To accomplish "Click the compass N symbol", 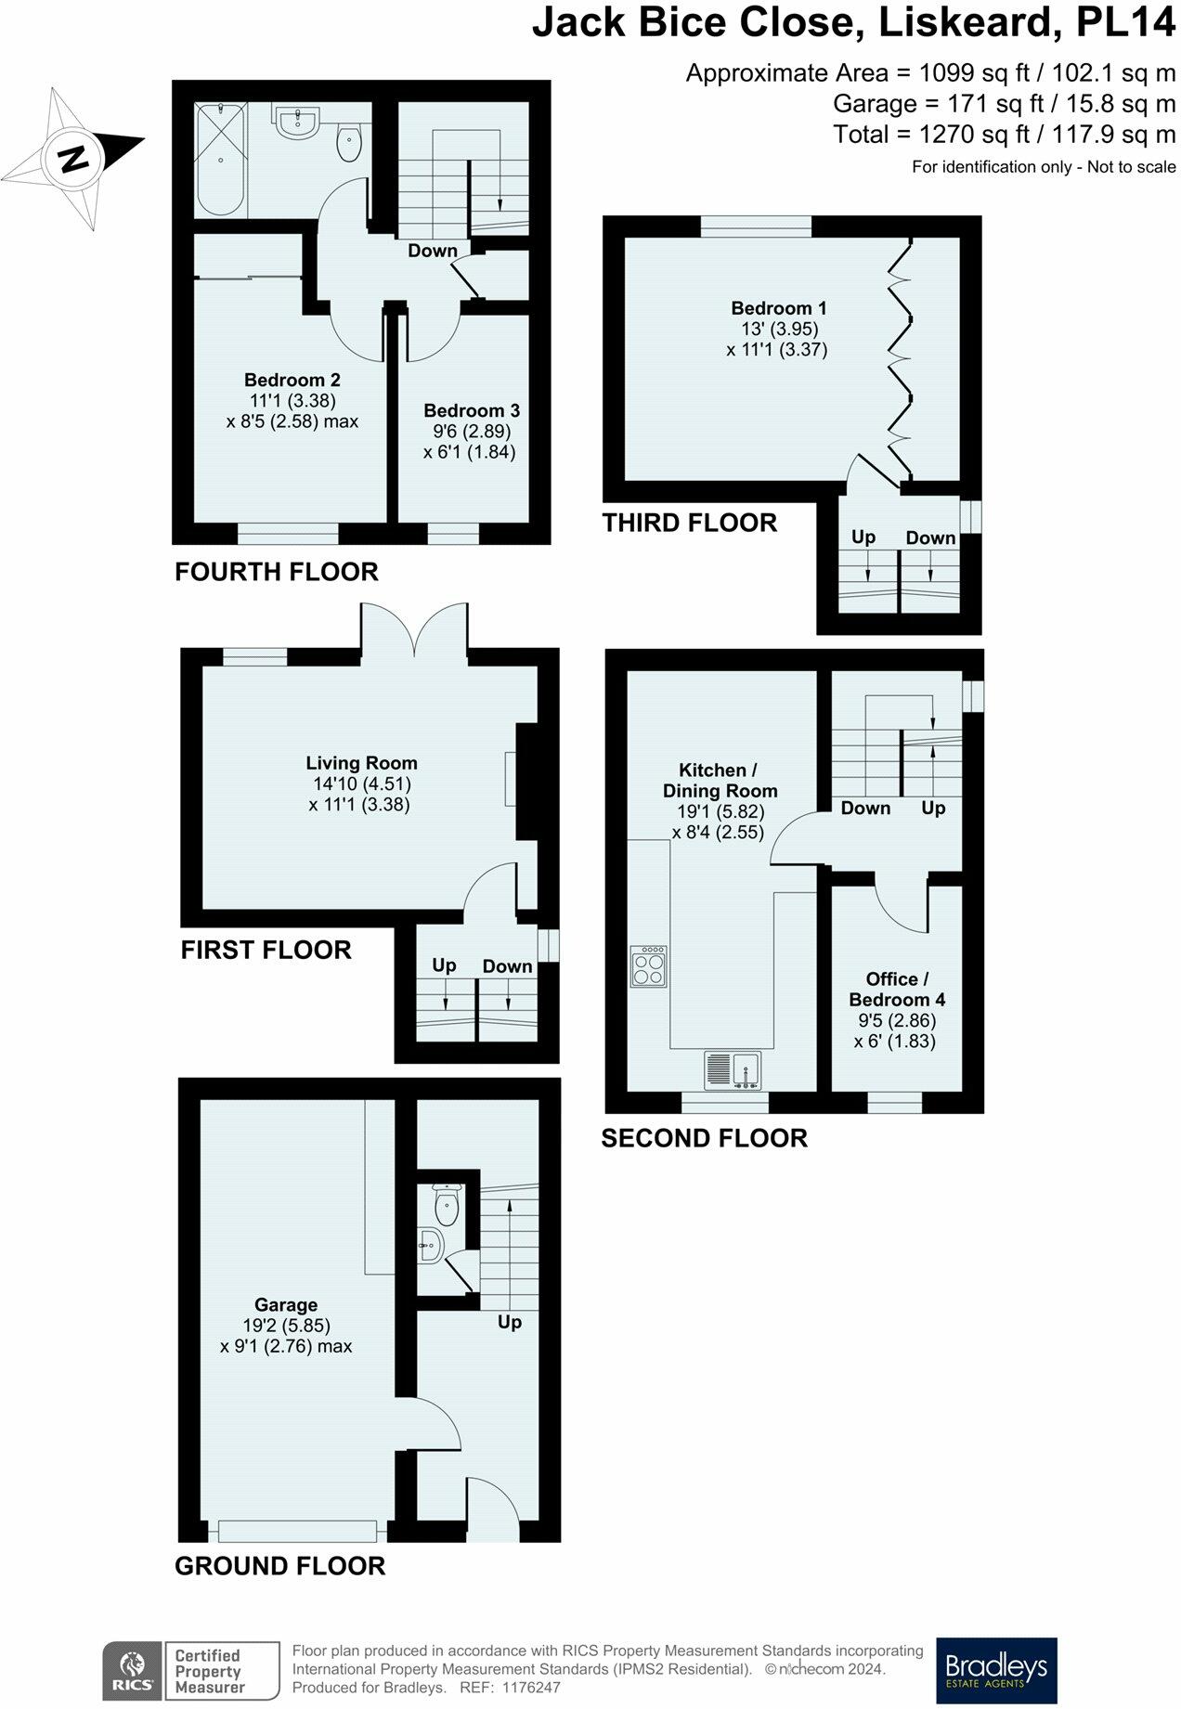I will pos(71,159).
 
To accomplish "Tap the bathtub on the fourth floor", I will pos(220,159).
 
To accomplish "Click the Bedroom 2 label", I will pos(292,380).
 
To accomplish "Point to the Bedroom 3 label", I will pos(471,410).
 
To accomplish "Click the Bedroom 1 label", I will pos(778,308).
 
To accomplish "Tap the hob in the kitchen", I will pos(649,966).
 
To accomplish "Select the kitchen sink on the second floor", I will pos(733,1069).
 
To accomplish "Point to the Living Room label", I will pos(361,763).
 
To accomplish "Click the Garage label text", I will pos(286,1305).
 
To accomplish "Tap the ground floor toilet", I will pos(447,1205).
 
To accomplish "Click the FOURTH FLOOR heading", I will pos(277,572).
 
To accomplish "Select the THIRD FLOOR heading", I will pos(689,523).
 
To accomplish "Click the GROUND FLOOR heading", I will pos(279,1566).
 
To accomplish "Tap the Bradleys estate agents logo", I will pos(995,1670).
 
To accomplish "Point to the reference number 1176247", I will pos(531,1689).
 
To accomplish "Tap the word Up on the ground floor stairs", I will pos(509,1322).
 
